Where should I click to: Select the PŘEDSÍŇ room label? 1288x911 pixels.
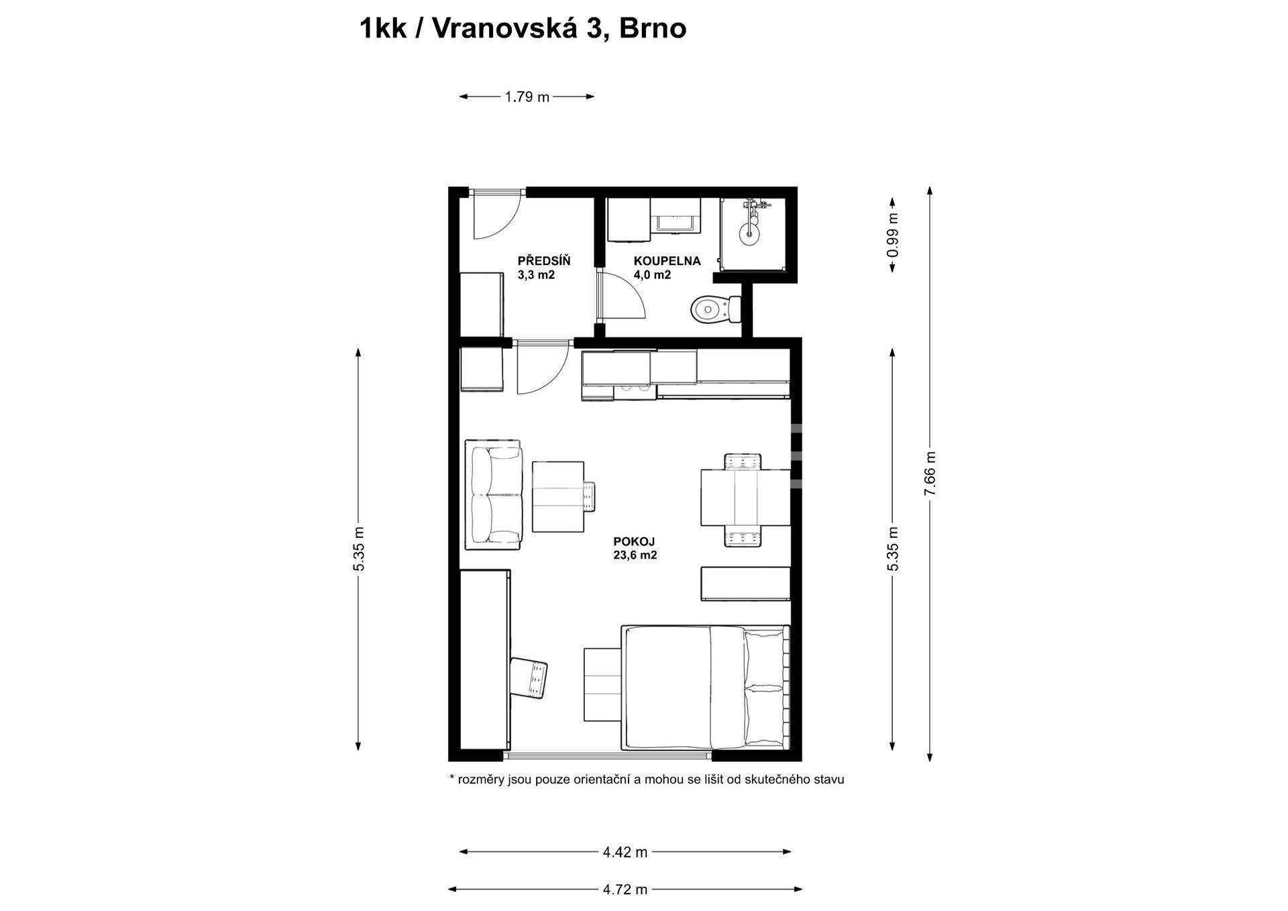544,261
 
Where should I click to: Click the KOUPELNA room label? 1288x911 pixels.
667,261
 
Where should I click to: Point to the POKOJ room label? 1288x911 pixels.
634,541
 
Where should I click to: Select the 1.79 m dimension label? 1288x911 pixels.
527,97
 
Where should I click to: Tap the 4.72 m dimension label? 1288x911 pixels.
625,890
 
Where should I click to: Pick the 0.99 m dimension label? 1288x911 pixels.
892,235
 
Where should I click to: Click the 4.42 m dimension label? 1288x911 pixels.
625,853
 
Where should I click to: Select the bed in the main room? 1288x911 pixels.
706,688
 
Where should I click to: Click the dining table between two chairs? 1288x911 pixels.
746,498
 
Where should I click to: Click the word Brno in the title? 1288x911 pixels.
653,30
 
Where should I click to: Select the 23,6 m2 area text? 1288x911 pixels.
634,555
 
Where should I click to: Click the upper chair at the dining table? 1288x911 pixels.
744,462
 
